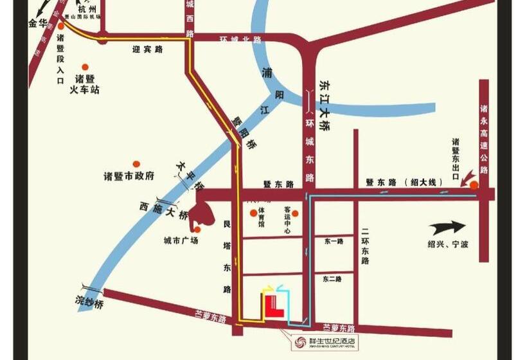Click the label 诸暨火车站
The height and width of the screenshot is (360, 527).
84,85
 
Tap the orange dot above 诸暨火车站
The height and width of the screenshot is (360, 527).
85,66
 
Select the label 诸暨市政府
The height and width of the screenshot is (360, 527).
129,176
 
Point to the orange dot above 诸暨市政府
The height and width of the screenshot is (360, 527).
136,164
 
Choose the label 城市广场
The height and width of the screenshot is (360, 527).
181,240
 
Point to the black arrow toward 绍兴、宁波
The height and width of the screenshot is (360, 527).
448,227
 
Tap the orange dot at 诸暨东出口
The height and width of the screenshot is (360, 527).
474,185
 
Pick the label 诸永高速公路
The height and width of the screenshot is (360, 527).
484,140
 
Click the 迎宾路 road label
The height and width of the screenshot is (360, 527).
147,48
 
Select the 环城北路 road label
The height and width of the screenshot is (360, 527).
240,40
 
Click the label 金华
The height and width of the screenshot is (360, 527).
38,24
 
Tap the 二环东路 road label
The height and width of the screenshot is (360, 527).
364,246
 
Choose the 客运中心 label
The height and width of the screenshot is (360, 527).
287,220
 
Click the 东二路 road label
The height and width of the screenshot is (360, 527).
332,279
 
